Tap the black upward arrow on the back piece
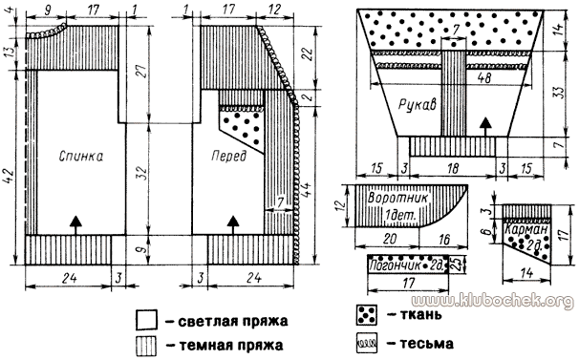(74, 222)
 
